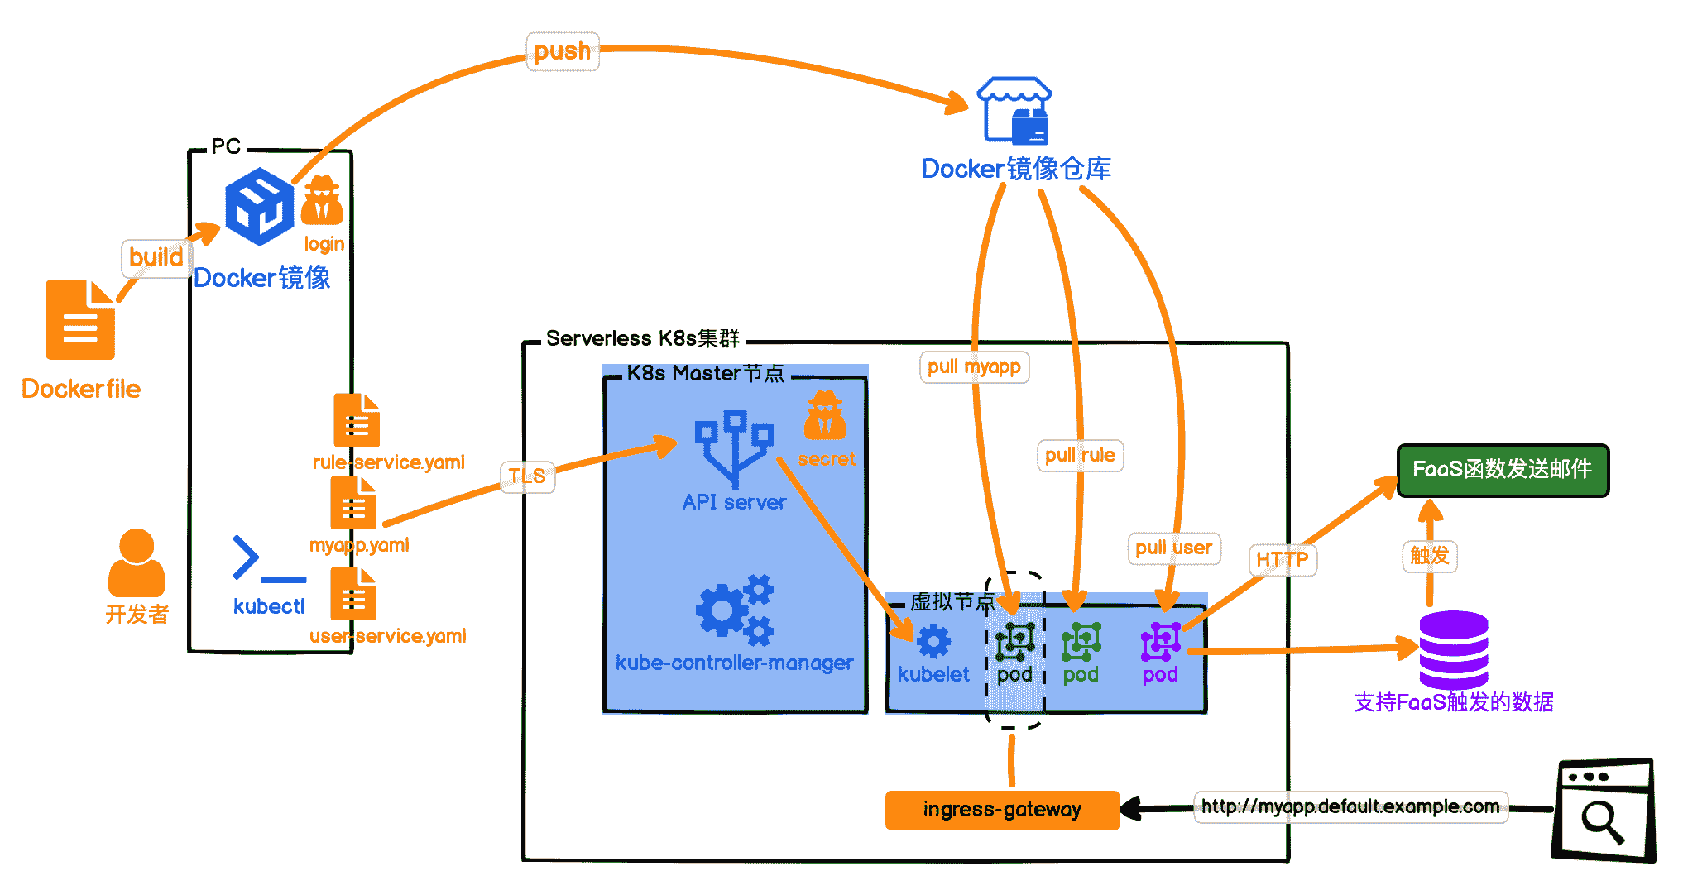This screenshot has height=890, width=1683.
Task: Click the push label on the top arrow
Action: coord(563,51)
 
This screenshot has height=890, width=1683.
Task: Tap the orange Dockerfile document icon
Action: coord(80,320)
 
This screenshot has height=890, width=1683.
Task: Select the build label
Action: coord(156,257)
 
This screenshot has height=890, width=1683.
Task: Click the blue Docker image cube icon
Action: coord(260,207)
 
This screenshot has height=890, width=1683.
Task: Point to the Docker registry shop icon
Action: coord(1014,112)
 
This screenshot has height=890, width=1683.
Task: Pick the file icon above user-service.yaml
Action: coord(353,594)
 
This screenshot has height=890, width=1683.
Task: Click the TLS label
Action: coord(527,476)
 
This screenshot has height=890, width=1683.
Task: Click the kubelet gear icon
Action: coord(933,642)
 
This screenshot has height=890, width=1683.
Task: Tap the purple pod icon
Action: coord(1160,642)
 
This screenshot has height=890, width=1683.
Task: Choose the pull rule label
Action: coord(1080,455)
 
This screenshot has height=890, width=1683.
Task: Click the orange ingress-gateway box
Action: coord(1002,809)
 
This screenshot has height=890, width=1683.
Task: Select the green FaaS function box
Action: coord(1502,470)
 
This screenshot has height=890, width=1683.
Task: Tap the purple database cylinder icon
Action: coord(1454,649)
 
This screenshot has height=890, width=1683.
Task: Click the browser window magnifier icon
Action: coord(1603,811)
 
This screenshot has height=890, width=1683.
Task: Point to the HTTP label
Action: coord(1282,560)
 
